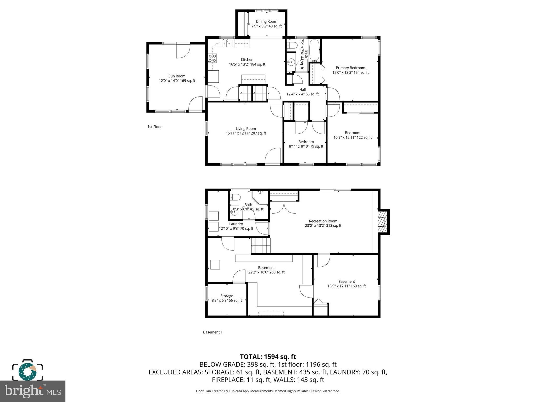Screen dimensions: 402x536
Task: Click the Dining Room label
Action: pyautogui.click(x=266, y=21)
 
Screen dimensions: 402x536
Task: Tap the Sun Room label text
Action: pyautogui.click(x=177, y=76)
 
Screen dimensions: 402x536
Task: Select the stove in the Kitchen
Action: pyautogui.click(x=213, y=58)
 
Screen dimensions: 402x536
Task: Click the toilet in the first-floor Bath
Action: pyautogui.click(x=292, y=46)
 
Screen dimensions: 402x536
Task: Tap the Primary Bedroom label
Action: pyautogui.click(x=350, y=68)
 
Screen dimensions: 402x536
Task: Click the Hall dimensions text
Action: pyautogui.click(x=303, y=94)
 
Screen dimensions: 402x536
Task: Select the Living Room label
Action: pyautogui.click(x=246, y=129)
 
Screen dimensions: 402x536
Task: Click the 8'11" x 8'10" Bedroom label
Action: pyautogui.click(x=306, y=144)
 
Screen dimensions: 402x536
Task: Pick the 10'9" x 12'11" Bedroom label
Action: pyautogui.click(x=353, y=135)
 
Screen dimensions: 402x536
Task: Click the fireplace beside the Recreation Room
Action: pyautogui.click(x=383, y=222)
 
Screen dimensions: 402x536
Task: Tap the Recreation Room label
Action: pyautogui.click(x=323, y=221)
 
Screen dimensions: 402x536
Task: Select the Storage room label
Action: pyautogui.click(x=227, y=296)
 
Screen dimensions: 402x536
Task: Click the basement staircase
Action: pyautogui.click(x=261, y=246)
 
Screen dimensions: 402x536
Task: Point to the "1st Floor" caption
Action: pyautogui.click(x=154, y=127)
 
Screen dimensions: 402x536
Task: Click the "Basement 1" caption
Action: pyautogui.click(x=213, y=332)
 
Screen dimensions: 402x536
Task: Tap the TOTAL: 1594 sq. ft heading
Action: pyautogui.click(x=268, y=357)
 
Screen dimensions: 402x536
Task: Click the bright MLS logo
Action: pyautogui.click(x=33, y=391)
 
